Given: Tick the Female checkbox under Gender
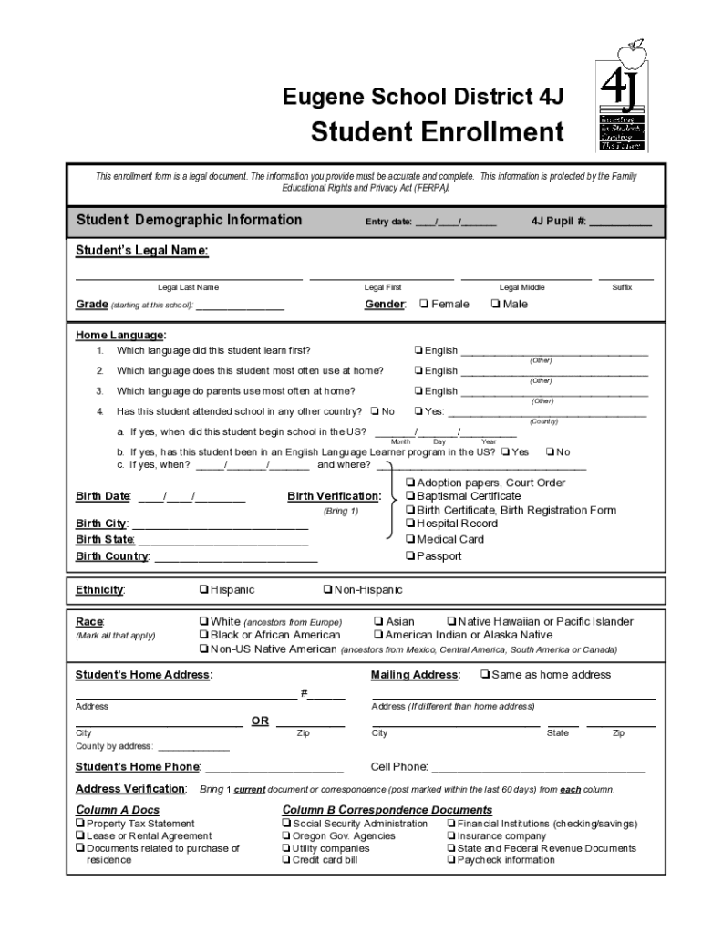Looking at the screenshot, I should [424, 304].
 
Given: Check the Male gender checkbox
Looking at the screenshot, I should [495, 304].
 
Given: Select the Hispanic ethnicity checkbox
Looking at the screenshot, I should [203, 590].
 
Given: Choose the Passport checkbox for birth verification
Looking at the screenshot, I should [410, 555].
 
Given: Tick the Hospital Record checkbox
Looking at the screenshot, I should [410, 524].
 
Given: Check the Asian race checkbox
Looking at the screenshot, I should [378, 621].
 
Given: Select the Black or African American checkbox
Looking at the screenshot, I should [203, 635].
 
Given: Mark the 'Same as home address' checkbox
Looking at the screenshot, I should [485, 675].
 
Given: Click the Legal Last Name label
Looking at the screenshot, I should [188, 287].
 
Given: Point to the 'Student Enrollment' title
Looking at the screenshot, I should [438, 132].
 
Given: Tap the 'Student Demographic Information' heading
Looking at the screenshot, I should [189, 220].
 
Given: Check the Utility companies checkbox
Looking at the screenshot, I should [286, 848].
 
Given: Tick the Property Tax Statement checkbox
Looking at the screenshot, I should [80, 824].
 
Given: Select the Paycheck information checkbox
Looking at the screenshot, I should [450, 860].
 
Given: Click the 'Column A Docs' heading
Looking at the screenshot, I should [117, 810].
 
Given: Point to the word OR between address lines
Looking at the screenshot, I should [260, 721].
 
